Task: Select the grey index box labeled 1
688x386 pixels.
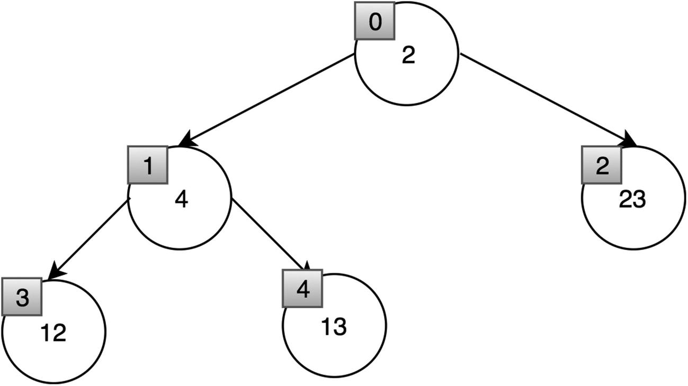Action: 148,166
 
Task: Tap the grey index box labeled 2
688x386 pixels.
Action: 601,166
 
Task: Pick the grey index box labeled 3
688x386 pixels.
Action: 21,297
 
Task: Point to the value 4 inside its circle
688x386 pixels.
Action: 182,200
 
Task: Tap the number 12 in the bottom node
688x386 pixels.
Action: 53,333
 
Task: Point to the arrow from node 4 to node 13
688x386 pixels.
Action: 269,233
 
